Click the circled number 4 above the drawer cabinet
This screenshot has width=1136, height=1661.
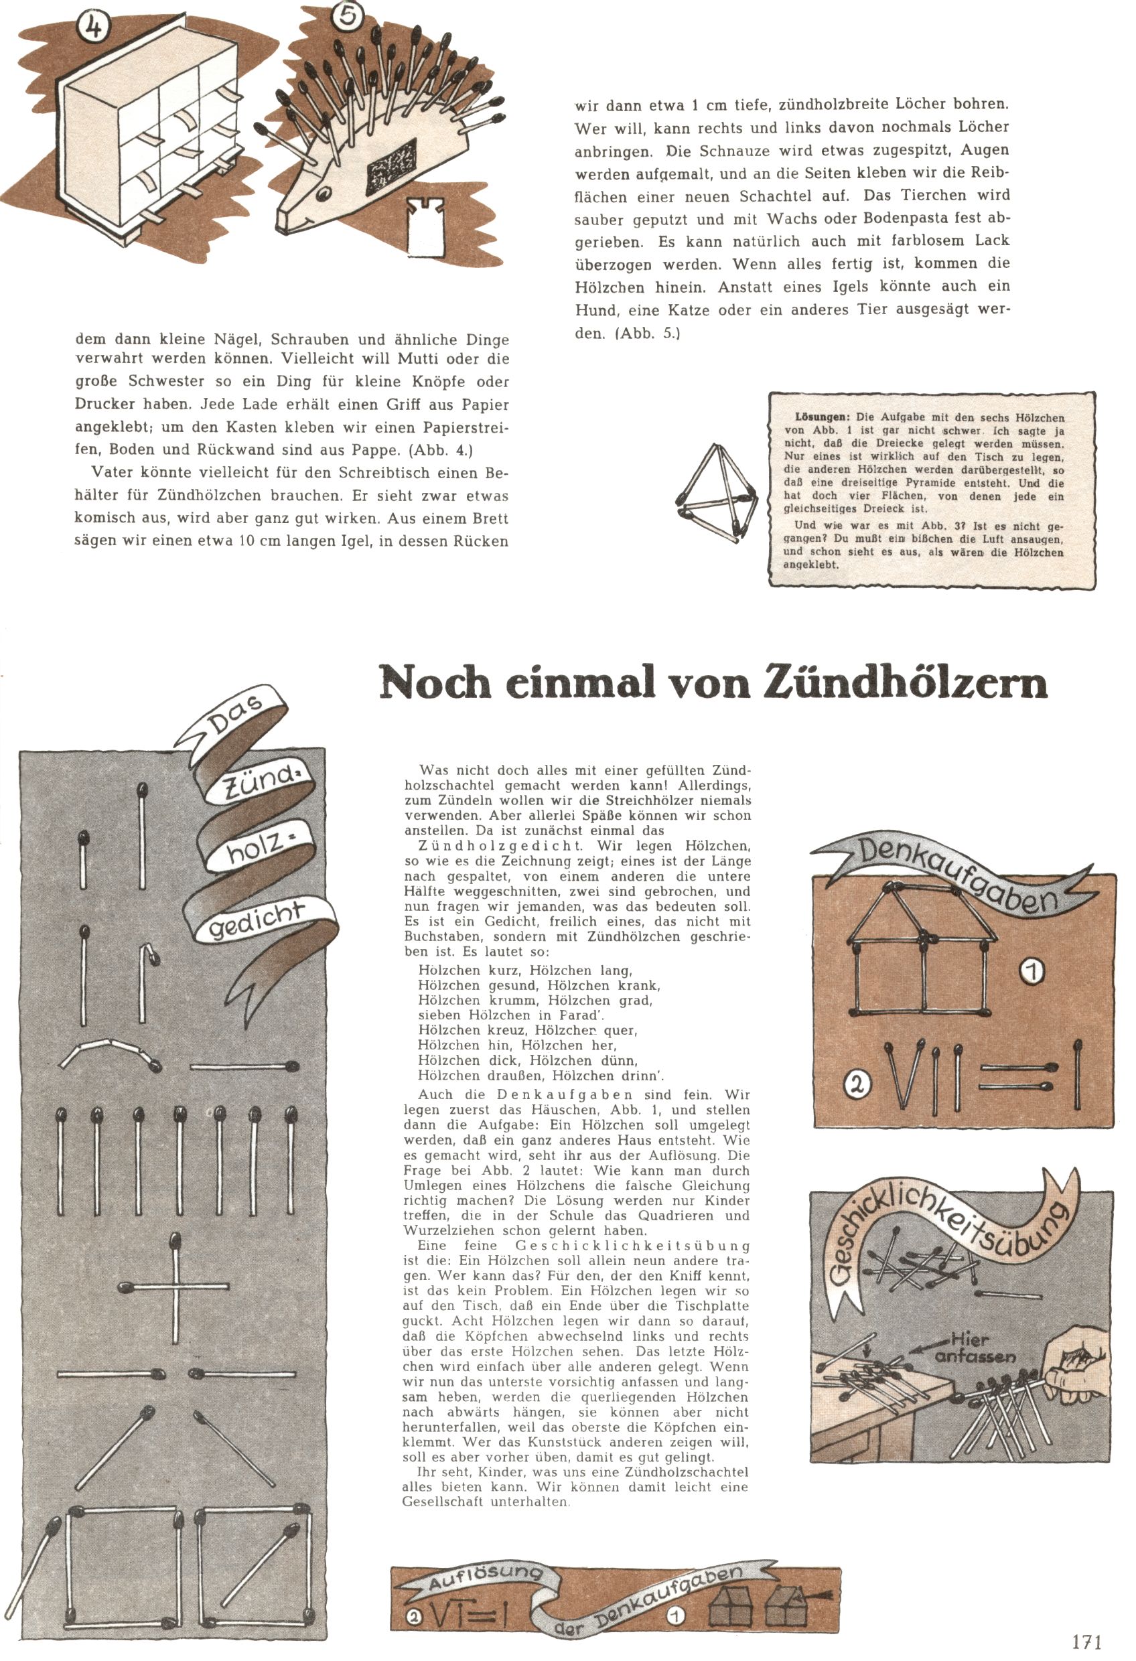94,28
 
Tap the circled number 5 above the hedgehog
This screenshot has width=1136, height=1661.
348,15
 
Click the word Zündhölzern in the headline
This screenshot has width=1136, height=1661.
905,682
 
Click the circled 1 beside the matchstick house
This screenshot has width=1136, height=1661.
1033,970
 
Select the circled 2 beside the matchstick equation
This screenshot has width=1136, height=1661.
858,1084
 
